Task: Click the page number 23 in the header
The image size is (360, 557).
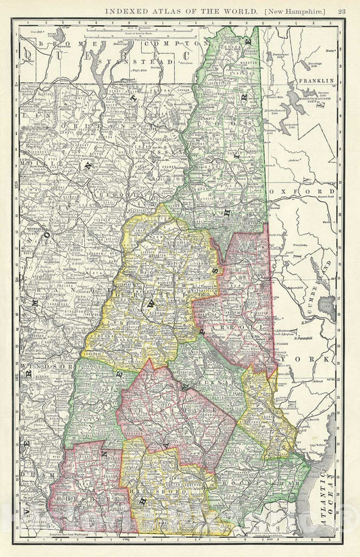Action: (342, 9)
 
